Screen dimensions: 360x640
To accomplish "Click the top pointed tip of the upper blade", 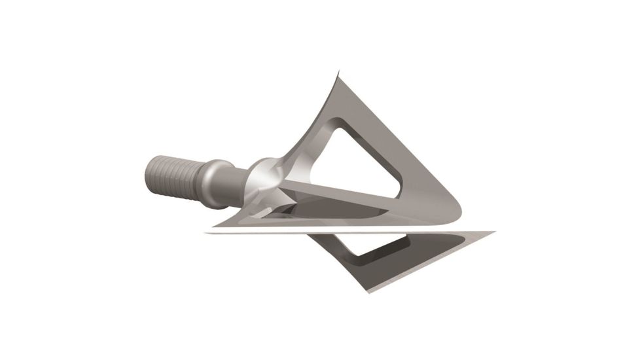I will [x=338, y=73].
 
